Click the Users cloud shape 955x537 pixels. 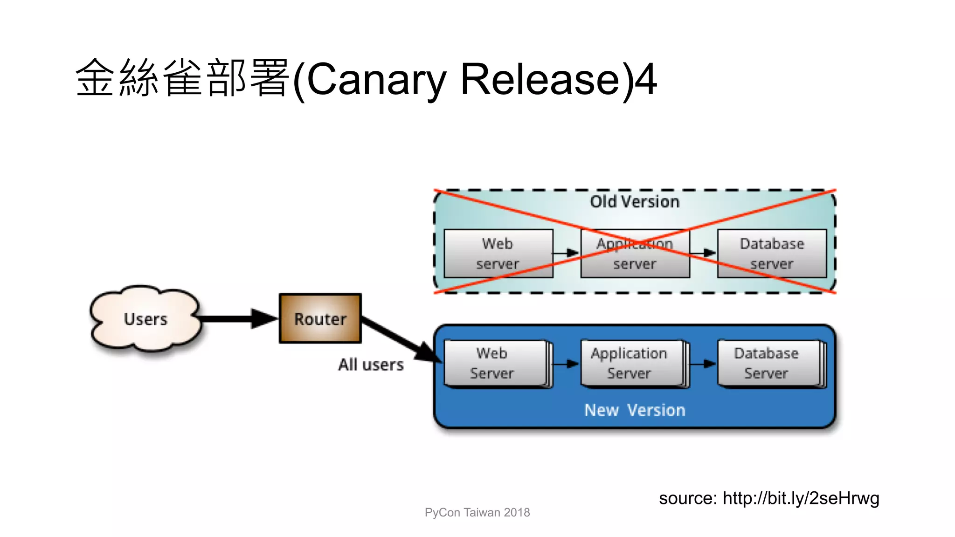[145, 319]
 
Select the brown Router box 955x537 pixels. [320, 319]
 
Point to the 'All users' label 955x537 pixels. [371, 365]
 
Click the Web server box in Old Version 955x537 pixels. [498, 254]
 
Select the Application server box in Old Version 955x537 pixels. [635, 254]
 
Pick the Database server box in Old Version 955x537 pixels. [772, 254]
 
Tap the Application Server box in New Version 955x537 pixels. [632, 364]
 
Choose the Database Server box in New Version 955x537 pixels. [768, 364]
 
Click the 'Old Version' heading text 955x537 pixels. [635, 202]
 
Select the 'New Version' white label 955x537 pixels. [635, 410]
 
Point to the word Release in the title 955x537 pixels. [541, 79]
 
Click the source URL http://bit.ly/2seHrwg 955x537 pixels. [801, 498]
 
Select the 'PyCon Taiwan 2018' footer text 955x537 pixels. [477, 513]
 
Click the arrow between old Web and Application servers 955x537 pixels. [566, 253]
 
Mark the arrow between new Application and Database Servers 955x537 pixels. [703, 364]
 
